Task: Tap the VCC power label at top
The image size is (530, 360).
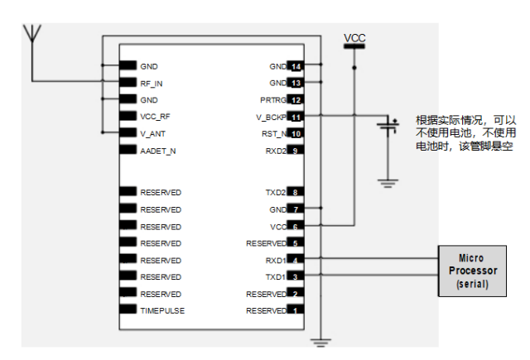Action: pyautogui.click(x=354, y=38)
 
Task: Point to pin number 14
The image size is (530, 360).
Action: pyautogui.click(x=295, y=66)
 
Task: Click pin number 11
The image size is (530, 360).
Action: pyautogui.click(x=295, y=117)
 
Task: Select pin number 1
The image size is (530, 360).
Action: pyautogui.click(x=295, y=310)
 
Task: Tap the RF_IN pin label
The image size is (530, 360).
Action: pyautogui.click(x=152, y=83)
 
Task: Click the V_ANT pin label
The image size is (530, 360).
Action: pyautogui.click(x=152, y=133)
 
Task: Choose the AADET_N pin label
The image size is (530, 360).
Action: pyautogui.click(x=157, y=151)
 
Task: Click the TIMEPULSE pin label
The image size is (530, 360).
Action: pyautogui.click(x=162, y=310)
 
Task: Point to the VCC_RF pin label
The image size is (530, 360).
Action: pyautogui.click(x=155, y=117)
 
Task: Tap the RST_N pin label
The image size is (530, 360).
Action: pyautogui.click(x=274, y=133)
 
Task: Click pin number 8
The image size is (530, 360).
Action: pyautogui.click(x=295, y=192)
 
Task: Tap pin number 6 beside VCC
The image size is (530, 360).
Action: pyautogui.click(x=295, y=226)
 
